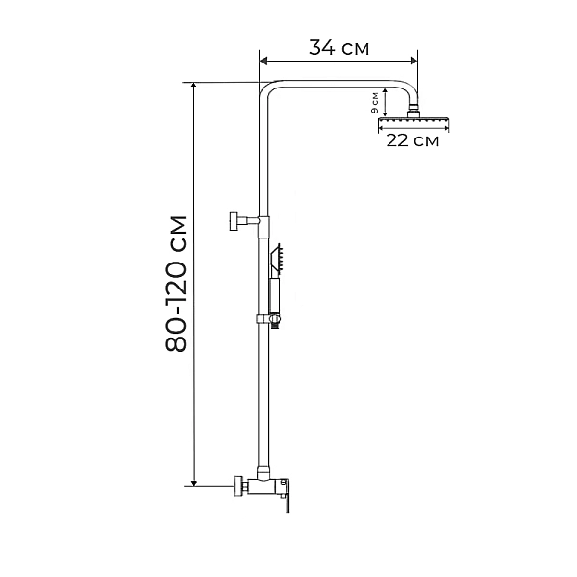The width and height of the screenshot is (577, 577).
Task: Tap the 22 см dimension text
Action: pyautogui.click(x=412, y=141)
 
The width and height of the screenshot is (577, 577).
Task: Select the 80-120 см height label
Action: pyautogui.click(x=176, y=284)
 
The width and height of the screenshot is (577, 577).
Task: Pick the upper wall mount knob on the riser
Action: pyautogui.click(x=233, y=220)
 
